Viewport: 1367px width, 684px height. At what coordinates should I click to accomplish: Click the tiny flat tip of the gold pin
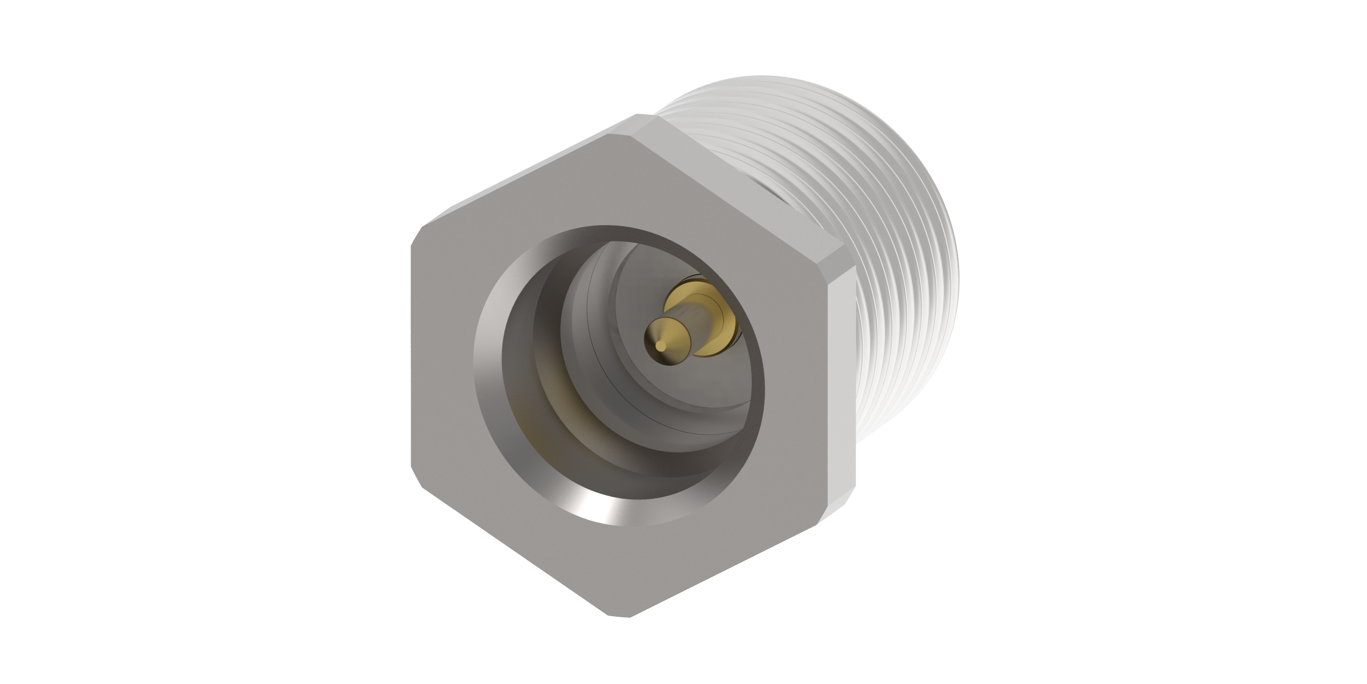[661, 346]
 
